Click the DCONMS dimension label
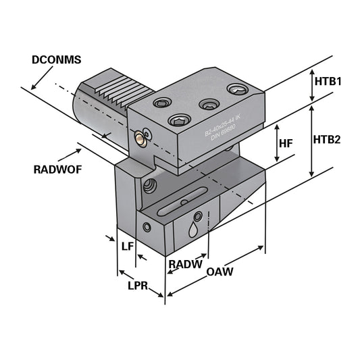point(56,60)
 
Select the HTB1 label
point(328,81)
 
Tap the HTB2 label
point(328,140)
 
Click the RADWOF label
point(57,170)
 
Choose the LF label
point(127,247)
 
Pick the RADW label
point(185,264)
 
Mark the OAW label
point(220,272)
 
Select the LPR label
point(138,286)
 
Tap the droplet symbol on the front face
point(195,230)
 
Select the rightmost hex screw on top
point(236,89)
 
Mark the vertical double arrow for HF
point(277,144)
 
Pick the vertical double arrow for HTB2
point(311,139)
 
